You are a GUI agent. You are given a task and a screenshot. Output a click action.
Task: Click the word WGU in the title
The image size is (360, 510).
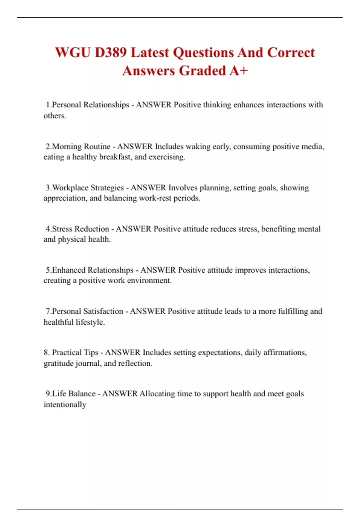click(x=73, y=53)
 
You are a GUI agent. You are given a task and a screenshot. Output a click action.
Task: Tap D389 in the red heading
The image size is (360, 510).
click(x=111, y=53)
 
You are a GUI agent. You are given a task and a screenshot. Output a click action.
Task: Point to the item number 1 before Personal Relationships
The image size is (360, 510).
click(x=48, y=105)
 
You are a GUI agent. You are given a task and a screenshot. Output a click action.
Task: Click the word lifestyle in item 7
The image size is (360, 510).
click(x=90, y=322)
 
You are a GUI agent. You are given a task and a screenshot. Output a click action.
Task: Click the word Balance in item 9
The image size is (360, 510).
click(x=82, y=394)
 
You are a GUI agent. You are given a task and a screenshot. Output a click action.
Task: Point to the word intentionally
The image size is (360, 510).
click(x=65, y=405)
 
